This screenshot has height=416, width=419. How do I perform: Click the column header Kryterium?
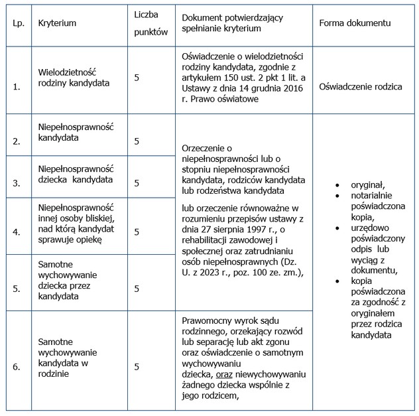click(58, 23)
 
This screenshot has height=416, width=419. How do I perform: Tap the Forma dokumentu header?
click(354, 23)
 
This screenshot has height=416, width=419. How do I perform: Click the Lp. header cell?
click(18, 23)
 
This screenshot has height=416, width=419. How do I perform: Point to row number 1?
click(17, 86)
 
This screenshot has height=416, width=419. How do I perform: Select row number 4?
click(17, 232)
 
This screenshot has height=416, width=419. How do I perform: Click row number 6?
click(17, 366)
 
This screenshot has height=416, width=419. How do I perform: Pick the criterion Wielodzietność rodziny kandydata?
click(74, 78)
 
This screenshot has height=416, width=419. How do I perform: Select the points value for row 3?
click(137, 183)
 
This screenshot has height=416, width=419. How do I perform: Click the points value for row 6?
click(137, 366)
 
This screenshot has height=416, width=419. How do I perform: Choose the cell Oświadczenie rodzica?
click(360, 86)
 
